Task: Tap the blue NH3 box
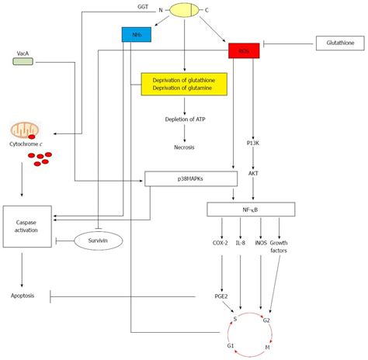coord(135,34)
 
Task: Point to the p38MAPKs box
coord(190,178)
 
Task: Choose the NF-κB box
coord(251,209)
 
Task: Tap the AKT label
coord(253,174)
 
